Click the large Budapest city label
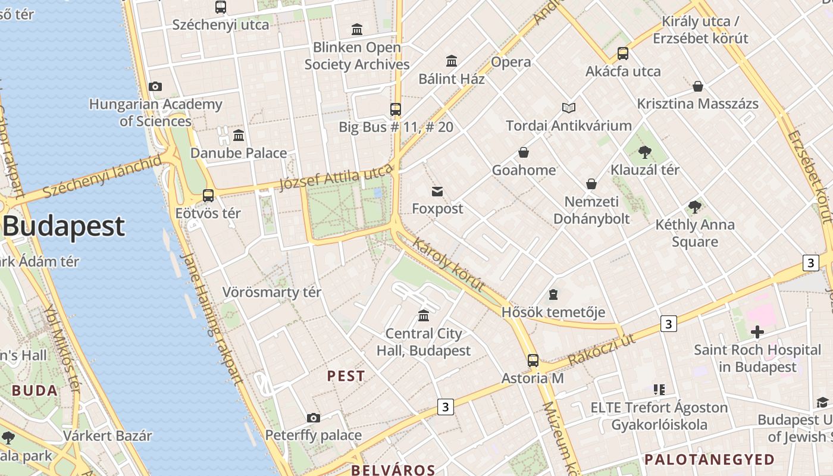pos(64,226)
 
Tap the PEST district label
pos(346,376)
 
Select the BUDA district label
pos(35,391)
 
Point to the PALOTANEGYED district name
pos(709,459)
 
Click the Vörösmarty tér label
pos(272,292)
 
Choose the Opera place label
pos(511,62)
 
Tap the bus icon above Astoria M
pos(533,361)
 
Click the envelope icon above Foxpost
pos(437,192)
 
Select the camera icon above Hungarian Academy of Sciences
pos(155,87)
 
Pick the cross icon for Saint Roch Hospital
pos(757,331)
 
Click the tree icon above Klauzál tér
pos(644,152)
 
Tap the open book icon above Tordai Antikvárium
pos(569,108)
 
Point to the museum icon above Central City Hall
pos(424,315)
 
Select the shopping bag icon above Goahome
pos(524,152)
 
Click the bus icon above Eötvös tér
pos(208,195)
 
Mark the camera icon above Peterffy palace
pos(314,418)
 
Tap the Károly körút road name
pos(448,265)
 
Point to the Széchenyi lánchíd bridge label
pos(102,177)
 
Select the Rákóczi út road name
pos(602,350)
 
